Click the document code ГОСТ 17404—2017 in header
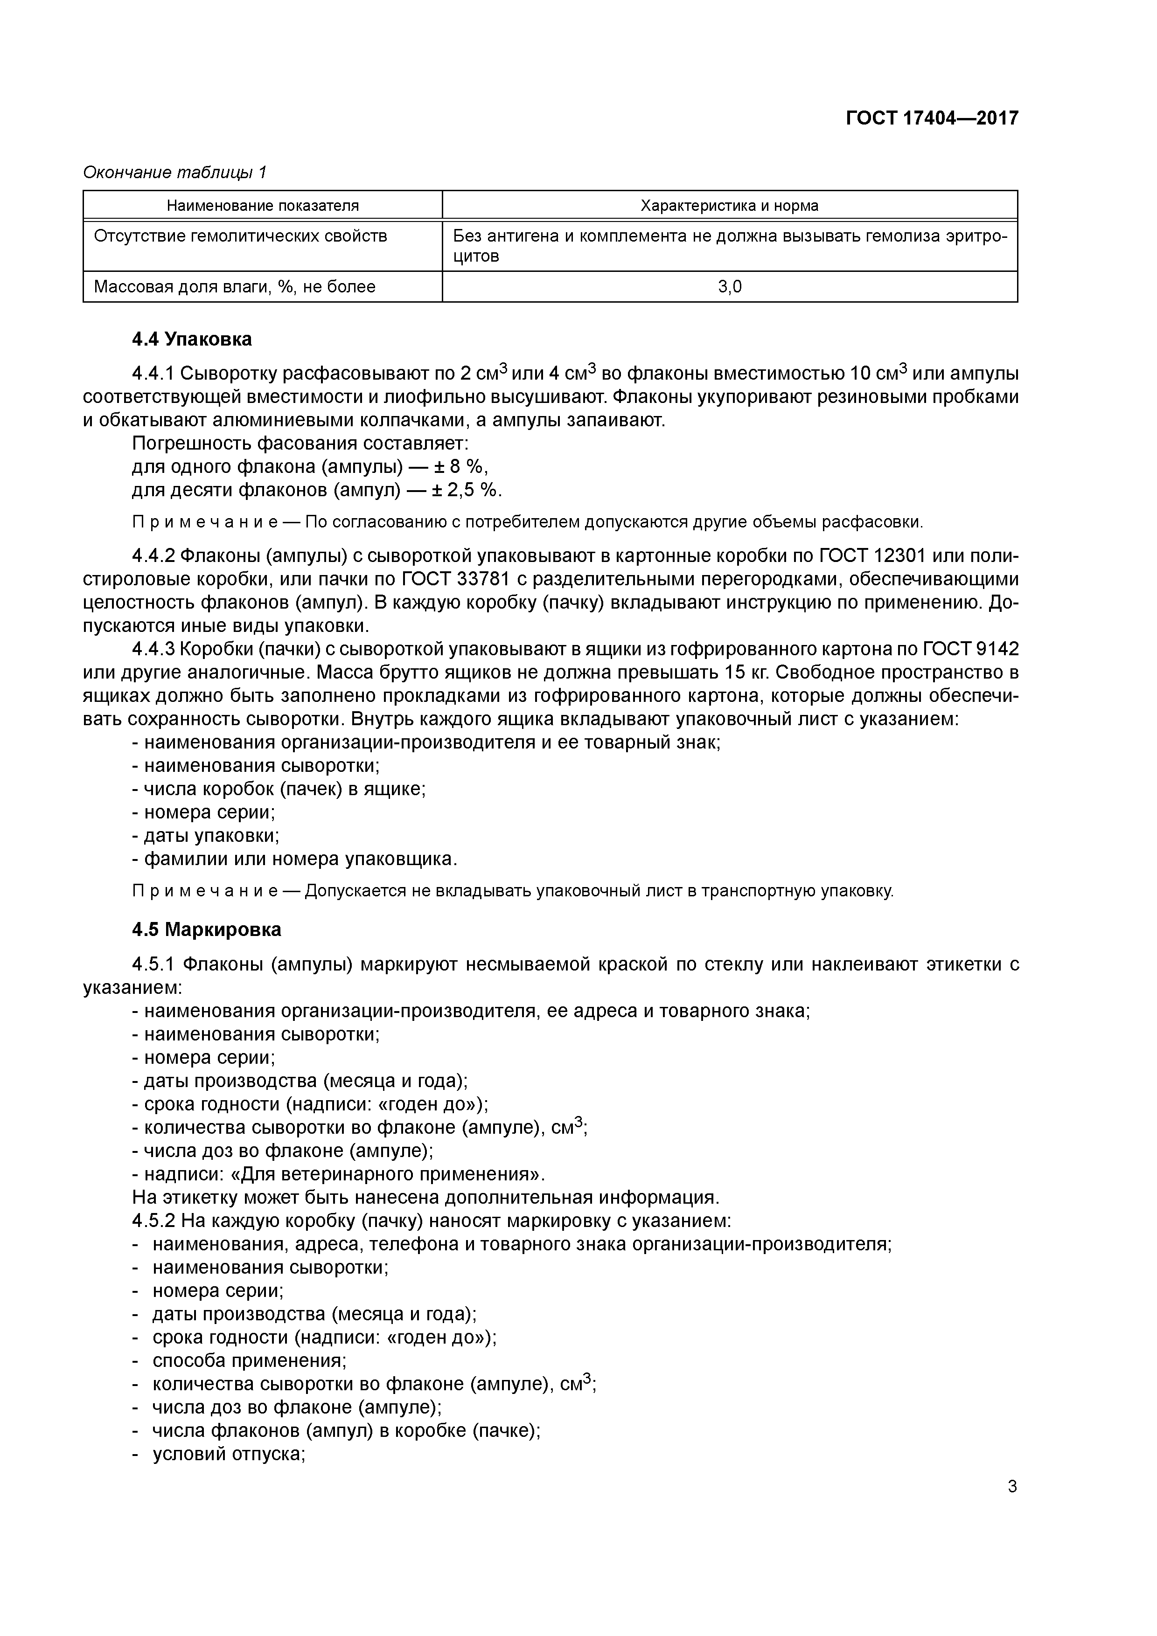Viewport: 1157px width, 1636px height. tap(932, 118)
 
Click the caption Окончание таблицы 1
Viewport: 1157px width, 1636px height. tap(174, 173)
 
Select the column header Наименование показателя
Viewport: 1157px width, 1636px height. tap(262, 206)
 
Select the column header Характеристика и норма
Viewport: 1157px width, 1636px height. tap(729, 206)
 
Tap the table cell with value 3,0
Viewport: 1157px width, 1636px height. tap(729, 287)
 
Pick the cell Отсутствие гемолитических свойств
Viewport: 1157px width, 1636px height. tap(240, 236)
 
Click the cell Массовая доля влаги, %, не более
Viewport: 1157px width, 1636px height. tap(235, 287)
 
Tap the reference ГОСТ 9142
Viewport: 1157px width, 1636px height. tap(971, 649)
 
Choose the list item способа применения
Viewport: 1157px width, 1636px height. tap(249, 1361)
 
